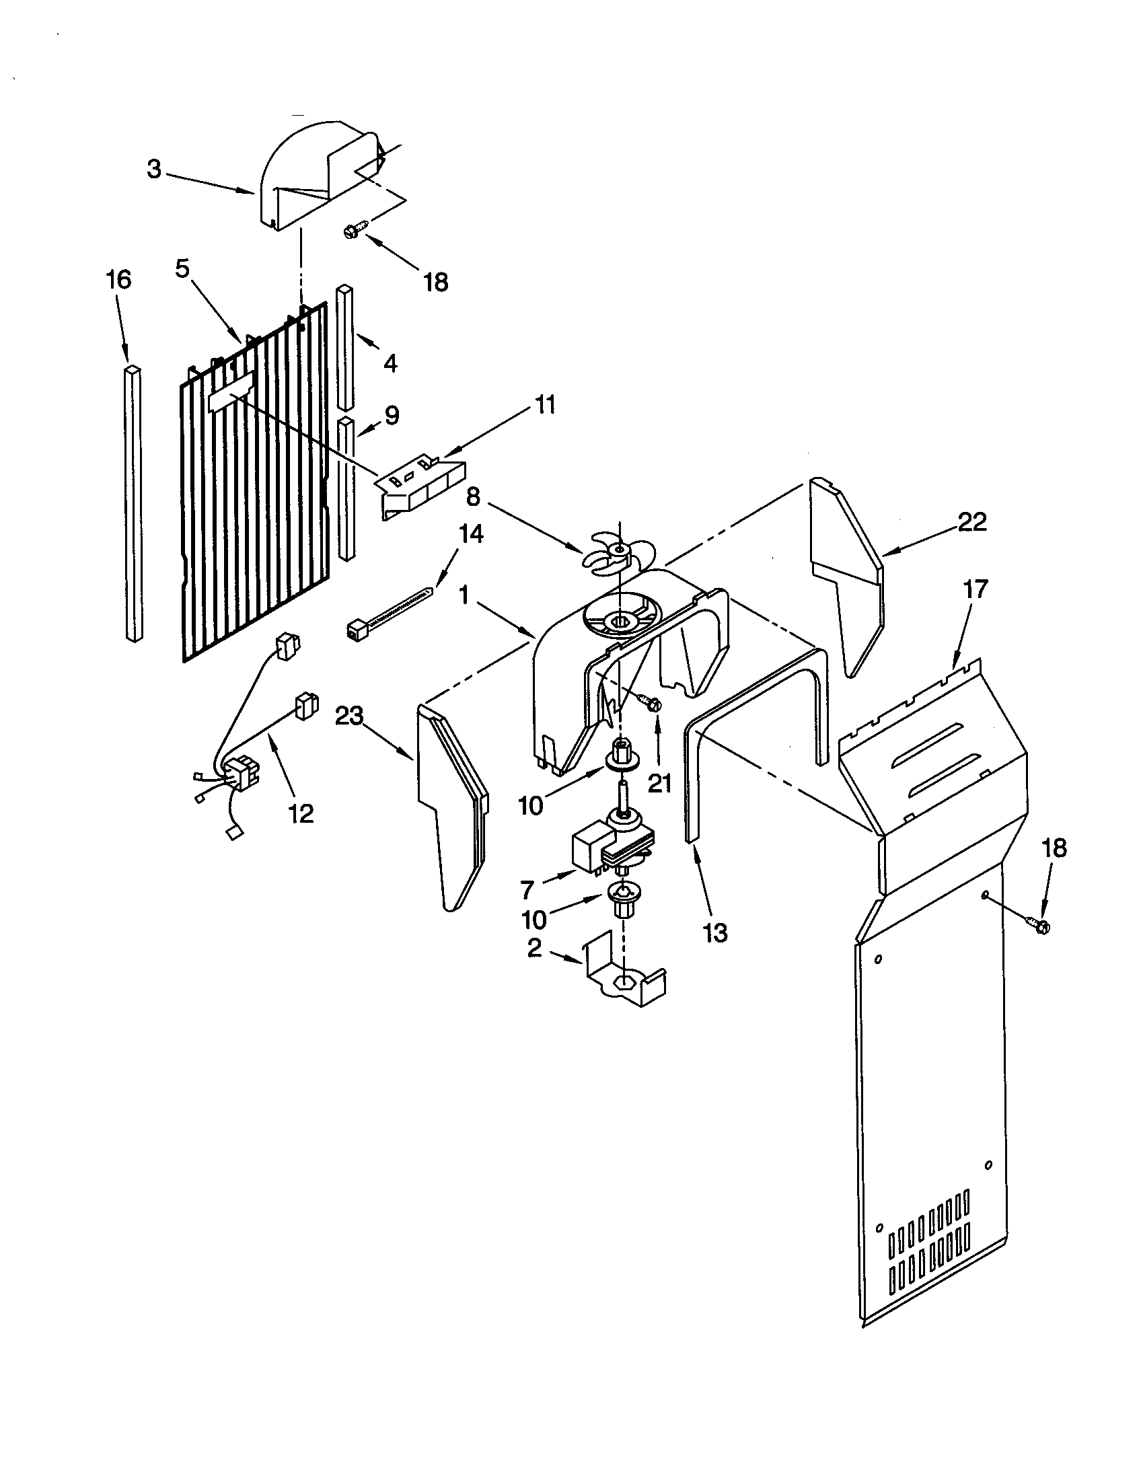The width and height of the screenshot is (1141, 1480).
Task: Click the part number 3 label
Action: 155,170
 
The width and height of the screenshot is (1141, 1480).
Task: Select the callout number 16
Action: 118,280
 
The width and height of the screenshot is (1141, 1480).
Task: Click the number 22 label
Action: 971,522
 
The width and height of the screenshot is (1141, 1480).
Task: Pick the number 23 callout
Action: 350,716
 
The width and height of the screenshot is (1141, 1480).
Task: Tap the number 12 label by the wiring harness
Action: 301,813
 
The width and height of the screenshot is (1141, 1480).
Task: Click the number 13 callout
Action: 715,933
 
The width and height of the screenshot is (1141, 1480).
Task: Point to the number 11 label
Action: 544,406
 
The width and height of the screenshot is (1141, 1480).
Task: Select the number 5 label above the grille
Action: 182,268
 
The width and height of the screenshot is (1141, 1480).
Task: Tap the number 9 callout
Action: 392,415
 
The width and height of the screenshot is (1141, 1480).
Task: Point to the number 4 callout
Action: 390,364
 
